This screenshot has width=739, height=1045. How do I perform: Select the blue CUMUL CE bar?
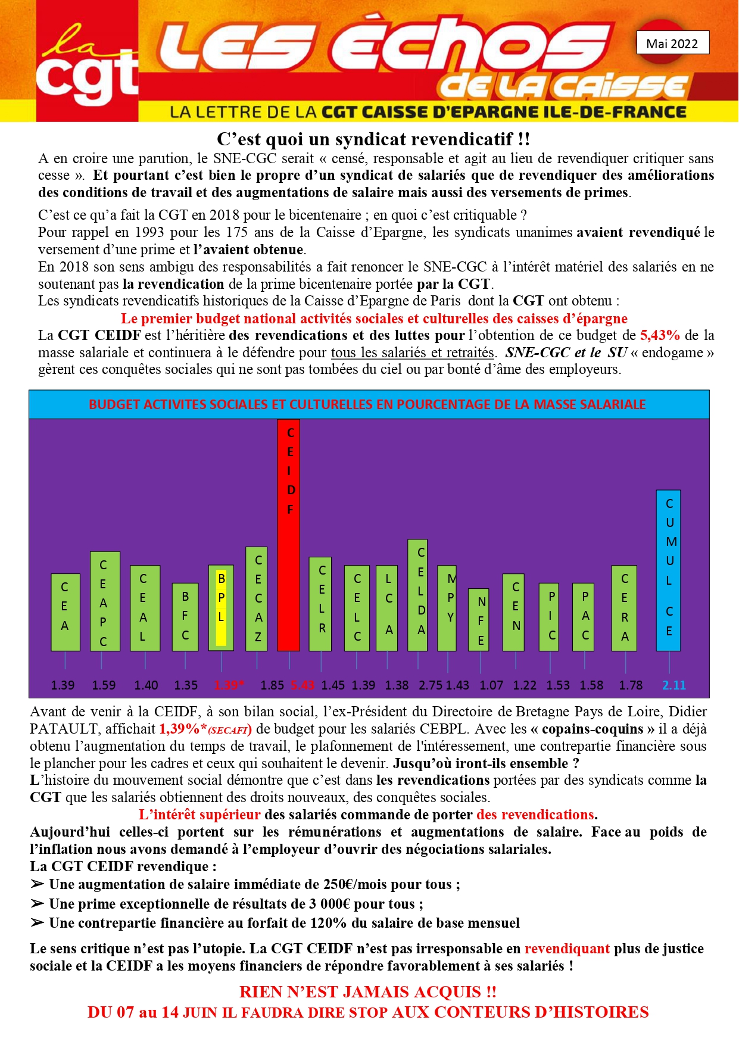[x=668, y=570]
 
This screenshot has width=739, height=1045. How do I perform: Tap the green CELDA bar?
[x=417, y=595]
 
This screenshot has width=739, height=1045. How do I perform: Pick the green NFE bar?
[x=479, y=619]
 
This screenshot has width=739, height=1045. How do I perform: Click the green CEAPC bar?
[x=105, y=601]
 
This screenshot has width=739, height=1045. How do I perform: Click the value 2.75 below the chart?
[x=431, y=685]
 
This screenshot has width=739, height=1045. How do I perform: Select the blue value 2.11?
[x=674, y=685]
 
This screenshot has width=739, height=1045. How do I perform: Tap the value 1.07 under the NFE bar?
[x=491, y=685]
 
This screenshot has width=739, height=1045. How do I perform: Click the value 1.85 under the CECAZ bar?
[x=272, y=685]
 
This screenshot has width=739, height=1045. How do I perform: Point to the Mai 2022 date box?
[x=672, y=43]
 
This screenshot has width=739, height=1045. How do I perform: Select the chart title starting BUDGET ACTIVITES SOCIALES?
[x=367, y=404]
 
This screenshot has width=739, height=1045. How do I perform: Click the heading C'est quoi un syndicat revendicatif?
[x=373, y=139]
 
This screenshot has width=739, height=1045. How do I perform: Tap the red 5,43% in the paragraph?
[x=660, y=335]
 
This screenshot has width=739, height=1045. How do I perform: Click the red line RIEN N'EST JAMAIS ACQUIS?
[x=367, y=991]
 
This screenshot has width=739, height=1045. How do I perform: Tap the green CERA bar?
[x=624, y=608]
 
